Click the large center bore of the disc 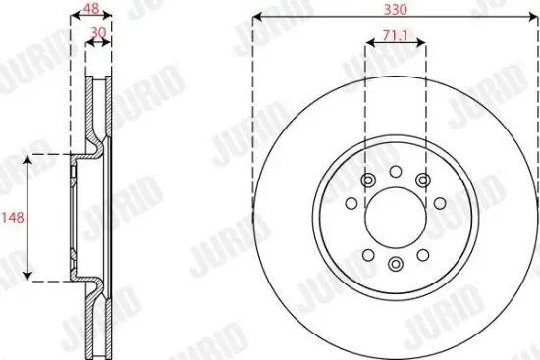(395, 218)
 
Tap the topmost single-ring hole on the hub (395, 173)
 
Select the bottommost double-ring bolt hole (395, 263)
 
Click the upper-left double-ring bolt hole (366, 180)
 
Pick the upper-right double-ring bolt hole (423, 180)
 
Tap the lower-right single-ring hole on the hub (424, 252)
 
